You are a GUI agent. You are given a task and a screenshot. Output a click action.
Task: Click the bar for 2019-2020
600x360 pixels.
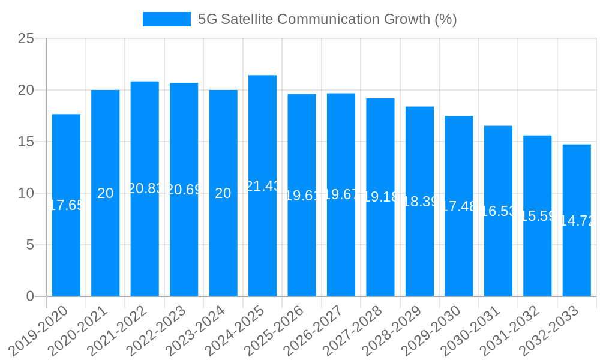[66, 240]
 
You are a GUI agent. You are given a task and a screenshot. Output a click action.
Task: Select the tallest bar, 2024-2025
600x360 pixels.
[262, 240]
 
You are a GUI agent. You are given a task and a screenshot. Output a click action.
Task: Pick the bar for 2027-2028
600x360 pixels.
[380, 240]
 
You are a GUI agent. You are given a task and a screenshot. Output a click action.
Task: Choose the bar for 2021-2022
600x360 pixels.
[145, 240]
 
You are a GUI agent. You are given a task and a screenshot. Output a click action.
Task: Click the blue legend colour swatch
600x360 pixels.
[166, 19]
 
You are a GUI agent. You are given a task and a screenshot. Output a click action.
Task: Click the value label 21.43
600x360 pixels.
[262, 186]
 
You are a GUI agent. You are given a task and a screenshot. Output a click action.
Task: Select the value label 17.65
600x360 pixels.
[66, 205]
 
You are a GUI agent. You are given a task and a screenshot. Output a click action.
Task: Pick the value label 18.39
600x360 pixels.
[420, 202]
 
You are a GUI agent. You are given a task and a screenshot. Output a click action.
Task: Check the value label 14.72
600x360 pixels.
[577, 221]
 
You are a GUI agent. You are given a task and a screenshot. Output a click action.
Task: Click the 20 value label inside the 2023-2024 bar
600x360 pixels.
[223, 193]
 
